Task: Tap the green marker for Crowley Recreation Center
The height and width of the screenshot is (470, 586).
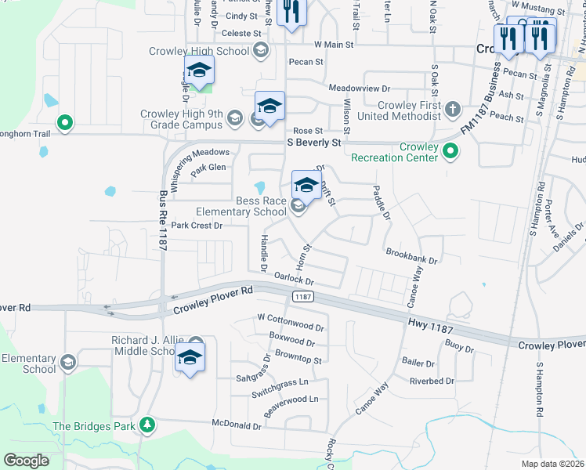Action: pyautogui.click(x=450, y=150)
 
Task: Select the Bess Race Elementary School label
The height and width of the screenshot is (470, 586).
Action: pyautogui.click(x=241, y=205)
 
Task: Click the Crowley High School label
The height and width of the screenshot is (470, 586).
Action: pyautogui.click(x=199, y=52)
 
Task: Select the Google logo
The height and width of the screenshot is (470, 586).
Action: pyautogui.click(x=26, y=460)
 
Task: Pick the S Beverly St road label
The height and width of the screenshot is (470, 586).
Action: pyautogui.click(x=314, y=143)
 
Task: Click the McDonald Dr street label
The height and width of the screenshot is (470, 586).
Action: pyautogui.click(x=236, y=426)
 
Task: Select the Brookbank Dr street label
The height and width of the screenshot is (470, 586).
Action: pyautogui.click(x=411, y=255)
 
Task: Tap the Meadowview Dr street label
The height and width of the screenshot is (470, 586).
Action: pyautogui.click(x=359, y=89)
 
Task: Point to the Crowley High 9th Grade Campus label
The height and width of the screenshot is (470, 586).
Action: pyautogui.click(x=182, y=119)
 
